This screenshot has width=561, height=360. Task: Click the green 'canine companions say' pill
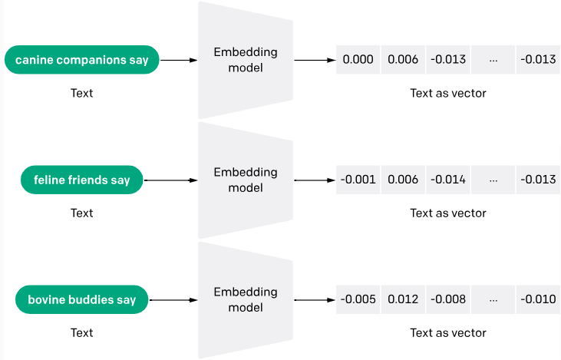point(81,59)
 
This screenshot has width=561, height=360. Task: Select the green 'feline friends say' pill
point(81,180)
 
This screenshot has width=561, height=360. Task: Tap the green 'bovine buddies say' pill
point(81,299)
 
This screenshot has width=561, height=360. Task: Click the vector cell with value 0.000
point(358,59)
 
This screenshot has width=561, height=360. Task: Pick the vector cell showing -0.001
point(358,180)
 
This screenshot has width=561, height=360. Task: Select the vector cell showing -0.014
point(447,180)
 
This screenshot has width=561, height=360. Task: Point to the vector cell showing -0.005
point(358,299)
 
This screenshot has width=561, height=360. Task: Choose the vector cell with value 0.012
point(403,299)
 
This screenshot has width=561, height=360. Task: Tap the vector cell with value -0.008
point(447,299)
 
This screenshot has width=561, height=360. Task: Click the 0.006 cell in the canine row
point(403,59)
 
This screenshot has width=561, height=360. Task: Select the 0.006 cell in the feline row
point(403,180)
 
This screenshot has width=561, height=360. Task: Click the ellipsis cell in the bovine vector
point(493,299)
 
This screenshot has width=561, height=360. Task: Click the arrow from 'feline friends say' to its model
point(170,180)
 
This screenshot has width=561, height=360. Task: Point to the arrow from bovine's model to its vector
point(315,299)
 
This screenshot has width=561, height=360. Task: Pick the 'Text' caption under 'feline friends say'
point(81,213)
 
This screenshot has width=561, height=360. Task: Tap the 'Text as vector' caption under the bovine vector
point(447,332)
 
